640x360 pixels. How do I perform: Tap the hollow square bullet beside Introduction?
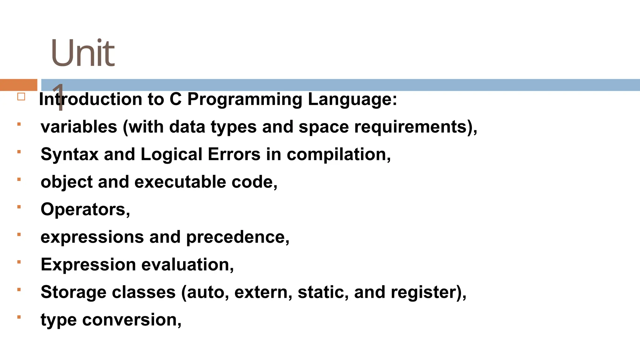pyautogui.click(x=21, y=97)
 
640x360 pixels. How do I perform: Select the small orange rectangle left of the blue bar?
pyautogui.click(x=18, y=85)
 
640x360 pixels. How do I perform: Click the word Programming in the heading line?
pyautogui.click(x=245, y=99)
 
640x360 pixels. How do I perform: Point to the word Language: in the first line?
pyautogui.click(x=352, y=99)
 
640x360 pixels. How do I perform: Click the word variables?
pyautogui.click(x=79, y=127)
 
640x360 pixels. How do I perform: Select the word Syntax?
pyautogui.click(x=69, y=154)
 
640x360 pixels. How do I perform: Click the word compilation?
pyautogui.click(x=339, y=154)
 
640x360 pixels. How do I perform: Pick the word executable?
pyautogui.click(x=180, y=182)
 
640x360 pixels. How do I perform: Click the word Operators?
pyautogui.click(x=85, y=209)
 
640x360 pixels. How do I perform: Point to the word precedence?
pyautogui.click(x=238, y=237)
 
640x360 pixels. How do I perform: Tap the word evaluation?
pyautogui.click(x=187, y=265)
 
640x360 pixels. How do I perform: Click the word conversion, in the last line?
pyautogui.click(x=132, y=320)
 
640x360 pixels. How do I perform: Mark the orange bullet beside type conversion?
pyautogui.click(x=19, y=317)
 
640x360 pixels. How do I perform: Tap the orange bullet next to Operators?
pyautogui.click(x=19, y=207)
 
